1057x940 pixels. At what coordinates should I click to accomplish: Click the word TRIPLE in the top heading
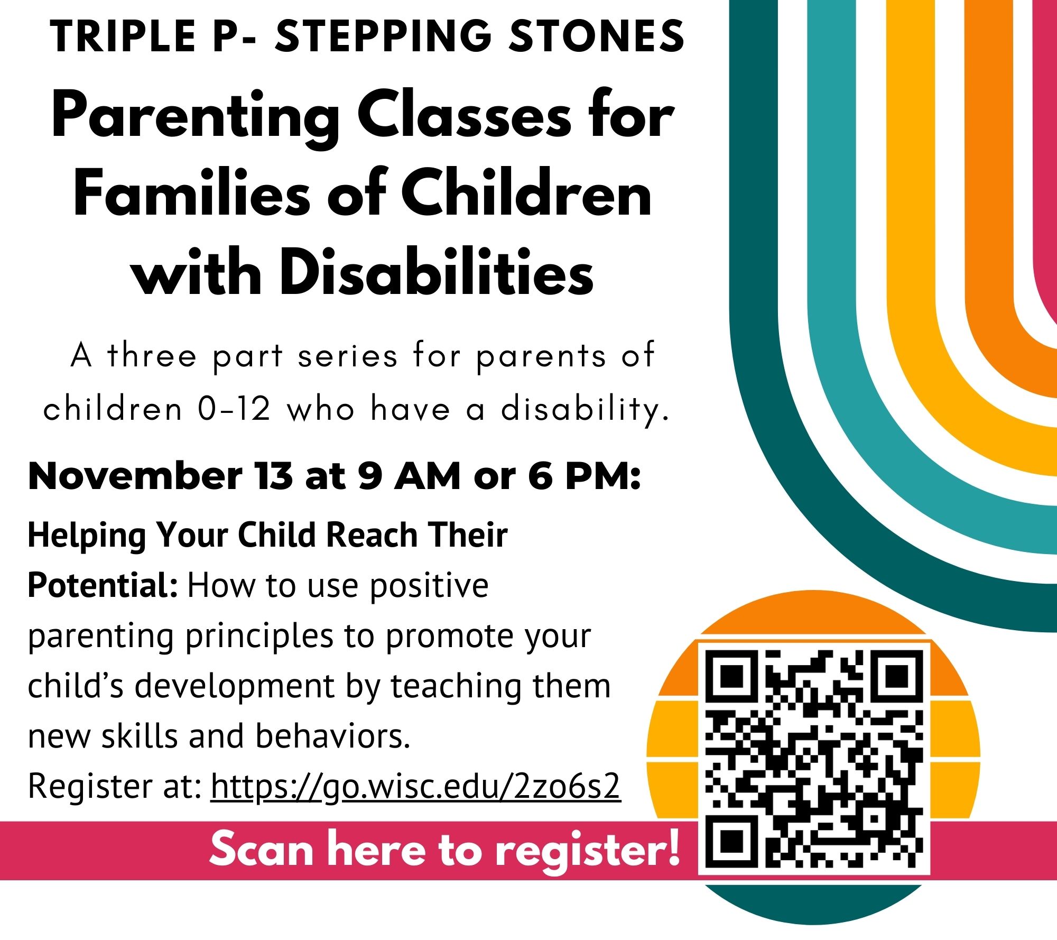123,36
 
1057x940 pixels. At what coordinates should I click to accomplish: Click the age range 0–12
234,409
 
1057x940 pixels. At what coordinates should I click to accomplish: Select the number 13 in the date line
273,476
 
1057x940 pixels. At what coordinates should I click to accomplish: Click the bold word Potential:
103,585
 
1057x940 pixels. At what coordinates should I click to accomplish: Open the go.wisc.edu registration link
415,786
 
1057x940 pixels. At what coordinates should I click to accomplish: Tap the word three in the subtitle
152,355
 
